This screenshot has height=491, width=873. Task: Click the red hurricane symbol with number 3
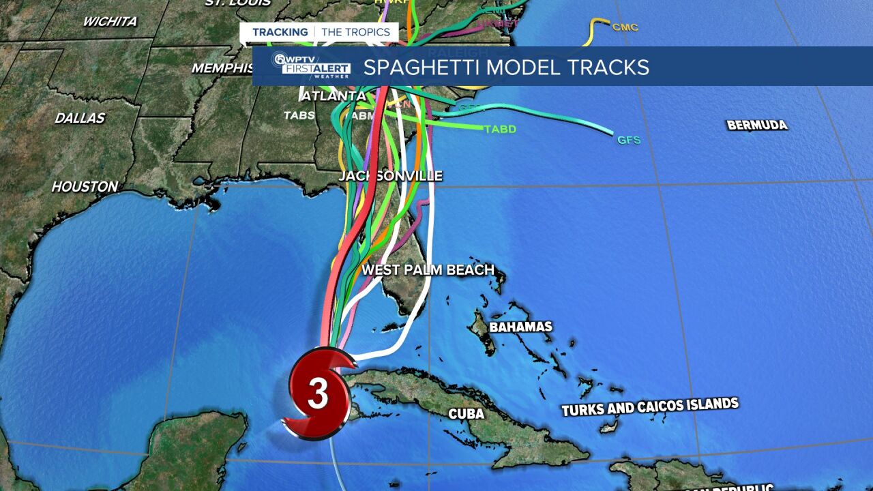pos(319,393)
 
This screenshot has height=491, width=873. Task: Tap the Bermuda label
pos(757,125)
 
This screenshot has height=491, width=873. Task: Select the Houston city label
pos(85,186)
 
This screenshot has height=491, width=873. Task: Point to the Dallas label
pos(80,118)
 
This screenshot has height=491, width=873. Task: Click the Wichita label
pos(110,21)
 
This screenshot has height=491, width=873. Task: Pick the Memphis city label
pos(222,68)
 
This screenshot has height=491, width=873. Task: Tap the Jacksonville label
pos(391,176)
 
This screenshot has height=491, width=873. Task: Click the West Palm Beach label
pos(428,269)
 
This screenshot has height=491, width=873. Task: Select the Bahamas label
pos(520,327)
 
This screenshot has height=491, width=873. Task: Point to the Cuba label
pos(467,414)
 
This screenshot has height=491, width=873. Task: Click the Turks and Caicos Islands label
pos(649,407)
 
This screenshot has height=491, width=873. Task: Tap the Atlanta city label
pos(333,96)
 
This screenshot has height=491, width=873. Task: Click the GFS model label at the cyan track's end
pos(629,140)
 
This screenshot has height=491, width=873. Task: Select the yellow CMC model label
pos(625,27)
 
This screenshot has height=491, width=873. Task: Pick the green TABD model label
pos(500,129)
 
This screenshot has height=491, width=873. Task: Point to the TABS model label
pos(299,115)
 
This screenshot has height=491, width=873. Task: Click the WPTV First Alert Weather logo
pos(311,65)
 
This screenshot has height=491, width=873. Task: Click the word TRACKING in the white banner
pos(280,32)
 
